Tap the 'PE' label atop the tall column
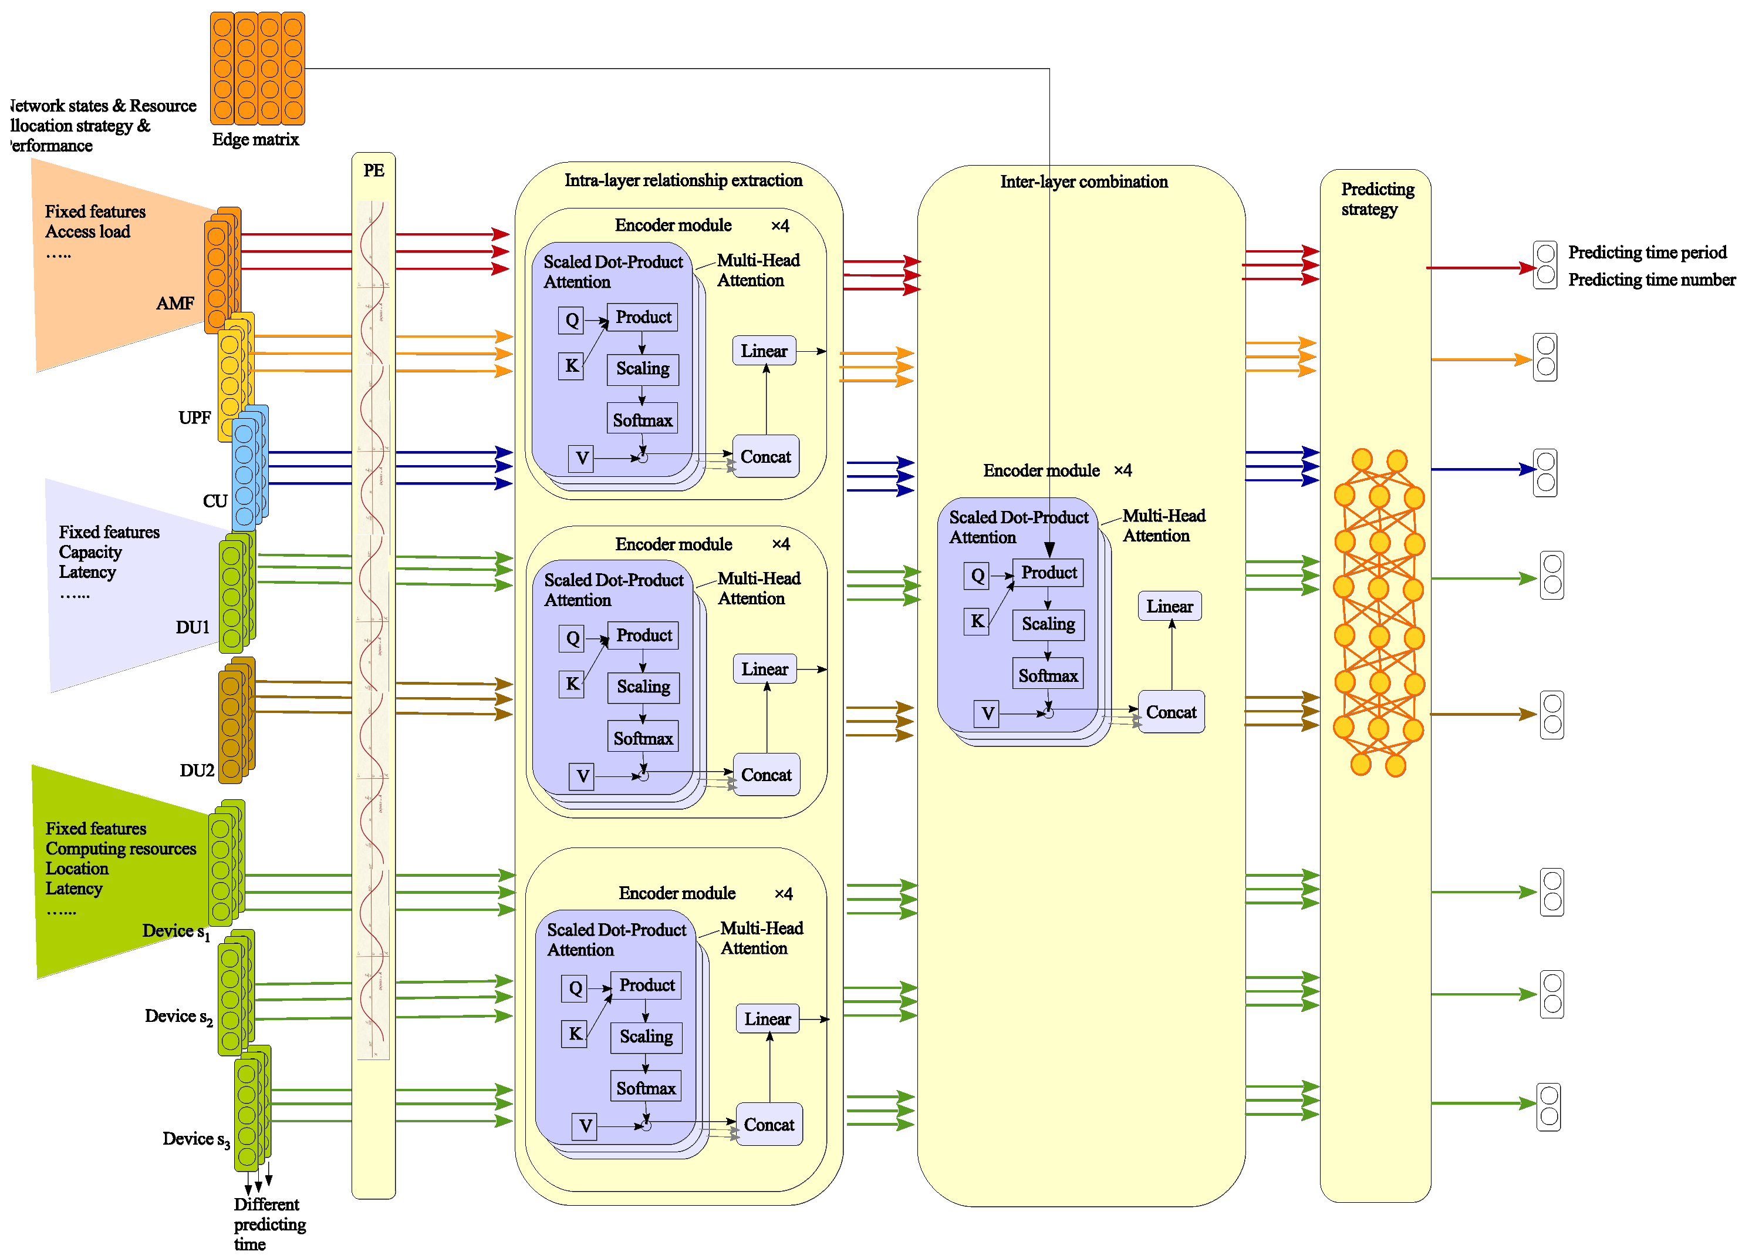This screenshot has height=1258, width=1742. pyautogui.click(x=373, y=170)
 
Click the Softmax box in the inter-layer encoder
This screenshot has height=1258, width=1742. pyautogui.click(x=1047, y=675)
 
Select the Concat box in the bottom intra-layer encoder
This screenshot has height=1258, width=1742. pyautogui.click(x=769, y=1124)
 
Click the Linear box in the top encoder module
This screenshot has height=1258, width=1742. pyautogui.click(x=764, y=351)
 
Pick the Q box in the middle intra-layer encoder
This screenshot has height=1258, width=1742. pyautogui.click(x=572, y=638)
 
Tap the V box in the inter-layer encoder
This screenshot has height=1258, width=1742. pyautogui.click(x=987, y=713)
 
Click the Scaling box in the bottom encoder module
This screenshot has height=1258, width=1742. pyautogui.click(x=646, y=1037)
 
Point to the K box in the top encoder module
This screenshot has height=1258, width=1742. pyautogui.click(x=572, y=365)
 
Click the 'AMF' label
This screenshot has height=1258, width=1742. pyautogui.click(x=174, y=304)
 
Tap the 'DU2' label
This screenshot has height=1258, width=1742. pyautogui.click(x=197, y=770)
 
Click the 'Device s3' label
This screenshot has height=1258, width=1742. pyautogui.click(x=196, y=1139)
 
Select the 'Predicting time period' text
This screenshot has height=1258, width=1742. pyautogui.click(x=1647, y=252)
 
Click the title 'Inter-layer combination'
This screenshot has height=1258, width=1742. pyautogui.click(x=1083, y=182)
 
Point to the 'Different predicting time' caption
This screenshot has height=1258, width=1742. pyautogui.click(x=269, y=1223)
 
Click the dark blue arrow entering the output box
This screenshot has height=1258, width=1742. pyautogui.click(x=1483, y=469)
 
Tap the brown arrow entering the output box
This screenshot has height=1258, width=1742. pyautogui.click(x=1483, y=714)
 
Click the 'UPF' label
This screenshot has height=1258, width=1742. pyautogui.click(x=194, y=418)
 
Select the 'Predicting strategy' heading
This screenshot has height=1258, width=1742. pyautogui.click(x=1376, y=199)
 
